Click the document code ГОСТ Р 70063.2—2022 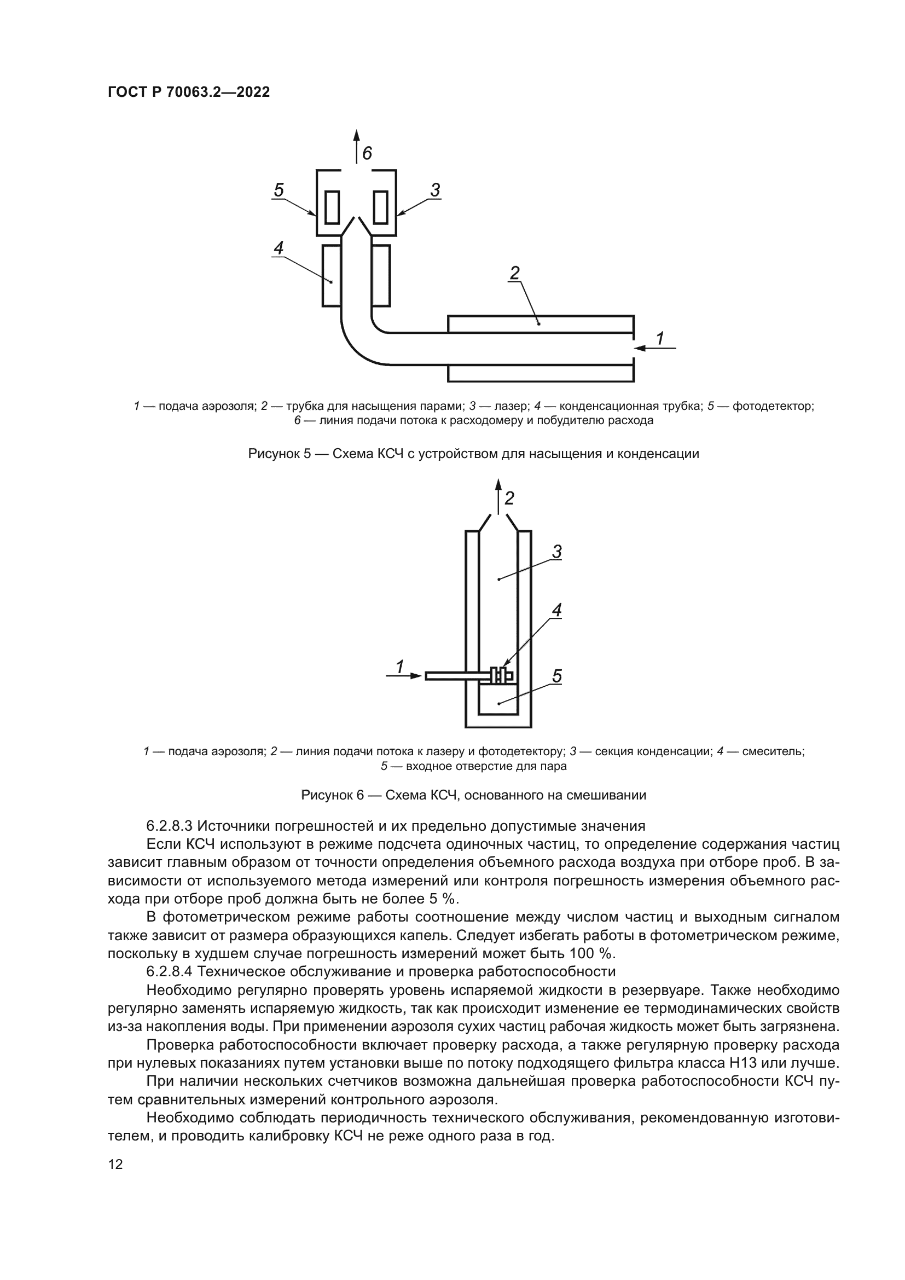point(188,92)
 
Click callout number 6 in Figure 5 point(367,153)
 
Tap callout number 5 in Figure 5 point(279,190)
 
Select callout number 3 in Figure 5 point(435,190)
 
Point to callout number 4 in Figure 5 point(279,248)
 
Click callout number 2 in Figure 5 point(514,273)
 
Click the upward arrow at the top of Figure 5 point(357,145)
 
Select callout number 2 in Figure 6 point(509,498)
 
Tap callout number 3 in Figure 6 point(556,552)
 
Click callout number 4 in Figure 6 point(556,611)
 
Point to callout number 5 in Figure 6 point(556,676)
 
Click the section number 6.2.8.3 point(169,826)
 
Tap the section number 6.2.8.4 point(169,972)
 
